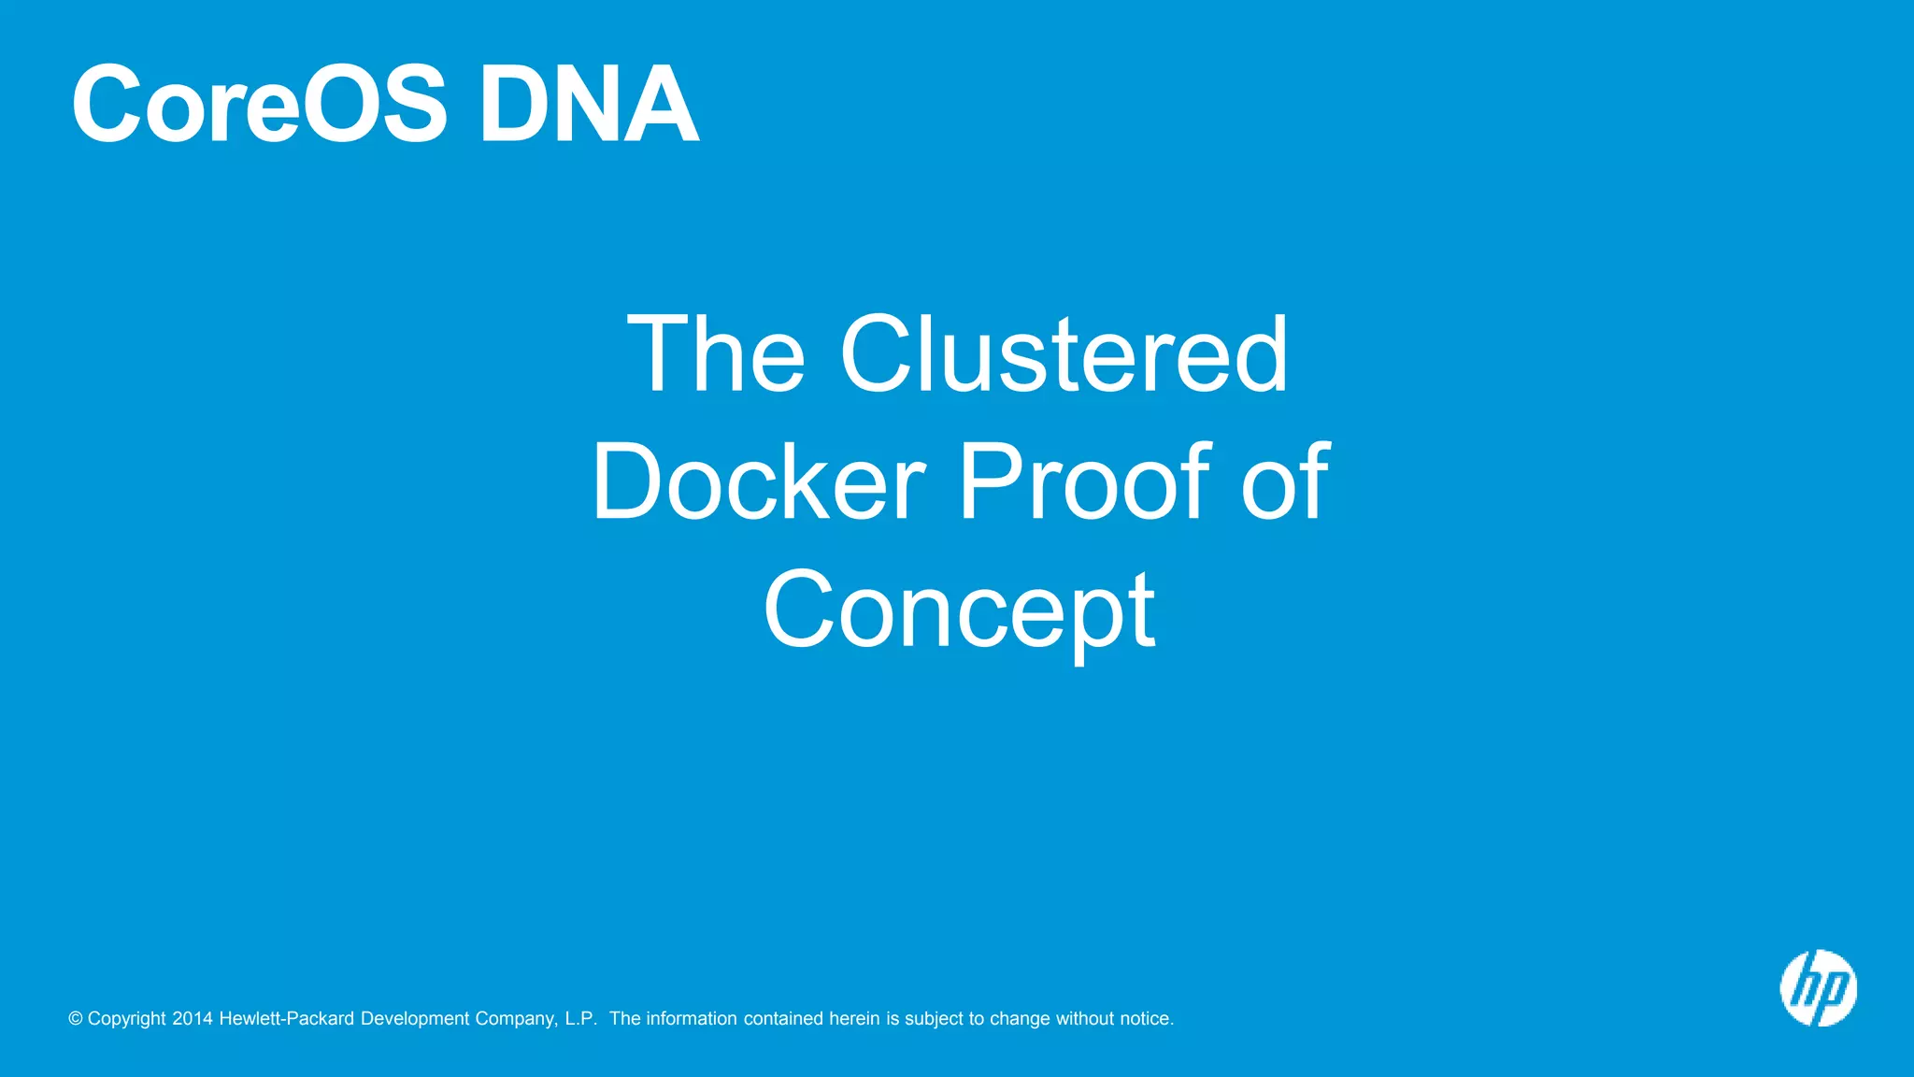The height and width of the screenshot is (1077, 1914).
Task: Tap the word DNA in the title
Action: (x=589, y=105)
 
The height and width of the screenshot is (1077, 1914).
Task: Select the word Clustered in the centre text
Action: (x=1064, y=354)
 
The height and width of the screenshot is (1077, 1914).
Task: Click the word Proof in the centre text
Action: (x=1085, y=482)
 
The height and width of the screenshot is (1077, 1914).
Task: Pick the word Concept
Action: (x=960, y=610)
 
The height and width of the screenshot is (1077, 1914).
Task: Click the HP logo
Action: (x=1818, y=988)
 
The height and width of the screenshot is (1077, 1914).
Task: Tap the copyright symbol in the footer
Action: (x=76, y=1019)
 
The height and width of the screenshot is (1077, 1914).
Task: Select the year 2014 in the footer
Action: (x=193, y=1019)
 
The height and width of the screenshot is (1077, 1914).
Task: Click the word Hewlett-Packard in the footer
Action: (x=287, y=1019)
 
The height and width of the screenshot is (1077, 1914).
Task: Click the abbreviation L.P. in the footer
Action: (x=581, y=1019)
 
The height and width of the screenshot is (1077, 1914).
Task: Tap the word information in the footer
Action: (x=692, y=1019)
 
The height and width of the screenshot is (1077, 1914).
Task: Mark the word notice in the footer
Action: (x=1147, y=1019)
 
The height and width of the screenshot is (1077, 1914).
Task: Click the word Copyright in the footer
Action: (x=127, y=1019)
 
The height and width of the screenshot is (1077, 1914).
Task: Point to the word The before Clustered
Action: (x=716, y=354)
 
